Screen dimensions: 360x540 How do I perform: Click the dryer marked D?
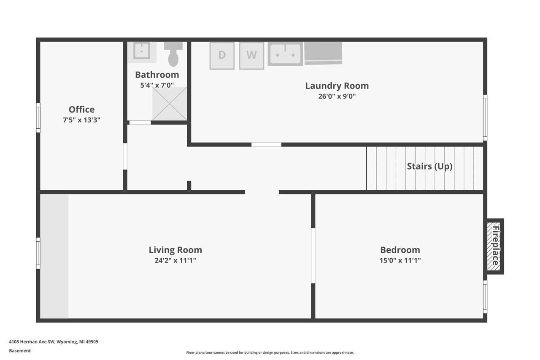point(222,55)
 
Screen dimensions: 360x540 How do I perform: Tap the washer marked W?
point(251,55)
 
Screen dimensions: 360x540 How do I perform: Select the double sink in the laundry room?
point(285,54)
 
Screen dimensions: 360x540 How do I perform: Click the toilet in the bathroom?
point(173,54)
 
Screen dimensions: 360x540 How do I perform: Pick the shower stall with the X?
point(170,104)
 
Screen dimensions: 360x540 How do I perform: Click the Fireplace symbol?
point(494,246)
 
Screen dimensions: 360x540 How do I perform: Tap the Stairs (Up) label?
point(429,166)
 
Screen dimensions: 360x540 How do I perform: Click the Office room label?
point(81,110)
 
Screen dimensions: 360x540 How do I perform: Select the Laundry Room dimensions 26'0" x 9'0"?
point(337,96)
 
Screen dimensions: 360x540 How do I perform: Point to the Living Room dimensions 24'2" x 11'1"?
point(175,260)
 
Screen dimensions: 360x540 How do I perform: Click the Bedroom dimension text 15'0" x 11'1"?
point(400,260)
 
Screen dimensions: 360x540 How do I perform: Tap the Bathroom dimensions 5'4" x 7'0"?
point(157,85)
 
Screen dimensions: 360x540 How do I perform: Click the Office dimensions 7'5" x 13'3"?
point(81,120)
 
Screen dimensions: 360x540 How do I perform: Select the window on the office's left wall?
point(38,118)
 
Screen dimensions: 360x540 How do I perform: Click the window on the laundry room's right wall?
point(485,118)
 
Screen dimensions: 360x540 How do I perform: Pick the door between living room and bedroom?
point(313,255)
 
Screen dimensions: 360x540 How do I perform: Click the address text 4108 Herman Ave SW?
point(54,342)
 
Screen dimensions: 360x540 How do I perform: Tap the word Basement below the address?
point(20,351)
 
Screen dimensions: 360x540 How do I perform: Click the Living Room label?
point(175,250)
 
